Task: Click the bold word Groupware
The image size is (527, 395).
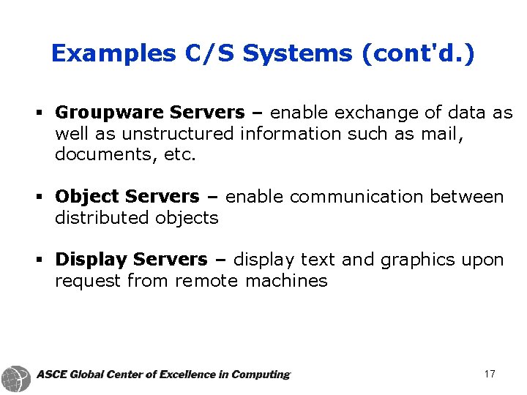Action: (x=109, y=113)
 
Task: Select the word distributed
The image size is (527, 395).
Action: (x=102, y=218)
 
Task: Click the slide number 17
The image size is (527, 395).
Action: (x=490, y=375)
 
